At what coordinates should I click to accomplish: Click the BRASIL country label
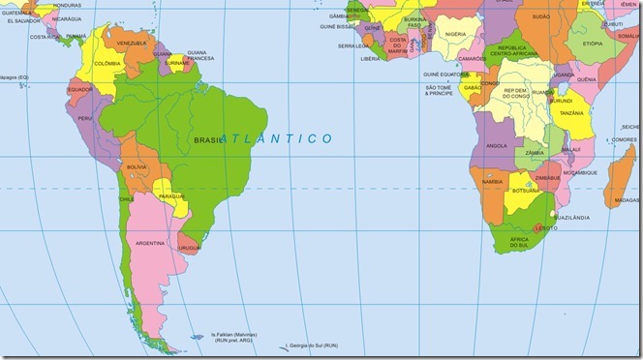[207, 139]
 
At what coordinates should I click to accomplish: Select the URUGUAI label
[190, 247]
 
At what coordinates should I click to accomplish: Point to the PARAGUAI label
[170, 196]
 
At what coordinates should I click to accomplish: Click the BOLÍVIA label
[137, 167]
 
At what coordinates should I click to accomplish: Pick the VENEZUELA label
[131, 44]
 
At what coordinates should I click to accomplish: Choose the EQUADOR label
[80, 90]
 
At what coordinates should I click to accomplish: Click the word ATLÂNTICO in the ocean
[277, 139]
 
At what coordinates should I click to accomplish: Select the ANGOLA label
[497, 146]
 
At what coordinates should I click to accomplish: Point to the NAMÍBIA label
[492, 181]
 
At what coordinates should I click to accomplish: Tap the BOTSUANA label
[525, 191]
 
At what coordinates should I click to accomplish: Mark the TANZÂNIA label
[571, 113]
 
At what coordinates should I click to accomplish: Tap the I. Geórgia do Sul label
[316, 345]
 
